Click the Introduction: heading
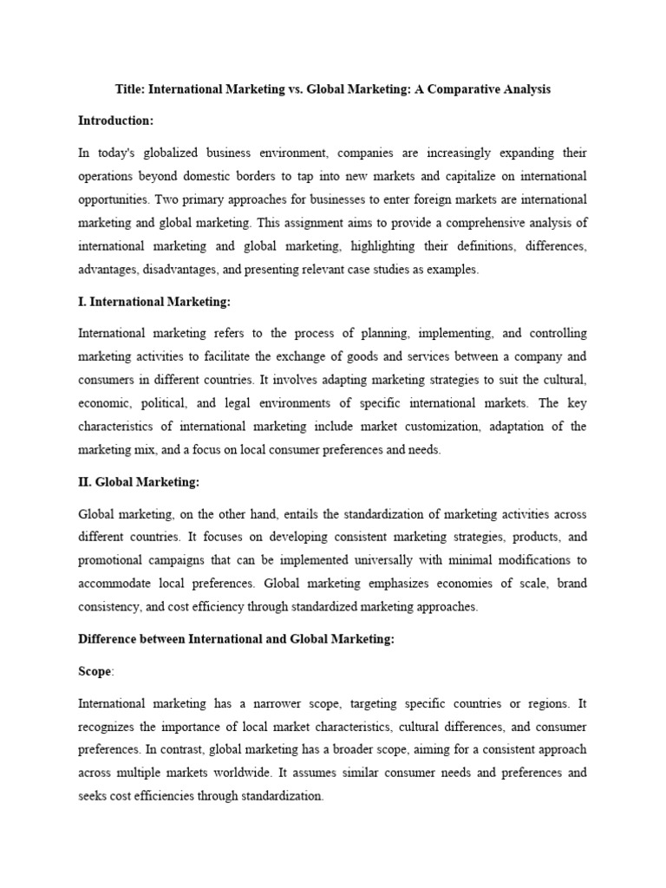click(x=115, y=121)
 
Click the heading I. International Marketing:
click(x=154, y=302)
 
